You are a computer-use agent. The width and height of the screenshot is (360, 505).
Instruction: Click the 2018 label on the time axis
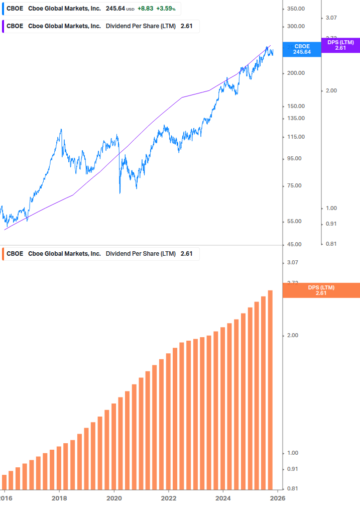59,498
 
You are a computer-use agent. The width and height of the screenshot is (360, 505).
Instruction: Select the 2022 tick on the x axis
169,498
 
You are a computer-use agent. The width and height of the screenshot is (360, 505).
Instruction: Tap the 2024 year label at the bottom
223,498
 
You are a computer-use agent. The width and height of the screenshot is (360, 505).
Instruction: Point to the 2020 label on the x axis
114,498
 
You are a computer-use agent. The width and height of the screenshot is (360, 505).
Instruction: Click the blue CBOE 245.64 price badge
302,49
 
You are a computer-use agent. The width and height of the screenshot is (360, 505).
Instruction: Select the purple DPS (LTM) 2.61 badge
340,45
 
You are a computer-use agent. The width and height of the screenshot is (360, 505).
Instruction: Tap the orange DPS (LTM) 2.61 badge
321,290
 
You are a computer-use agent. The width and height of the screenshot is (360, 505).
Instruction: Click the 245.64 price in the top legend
115,9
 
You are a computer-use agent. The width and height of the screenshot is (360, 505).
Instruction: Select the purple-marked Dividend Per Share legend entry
100,27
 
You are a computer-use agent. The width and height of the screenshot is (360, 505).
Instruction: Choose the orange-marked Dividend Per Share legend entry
100,254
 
